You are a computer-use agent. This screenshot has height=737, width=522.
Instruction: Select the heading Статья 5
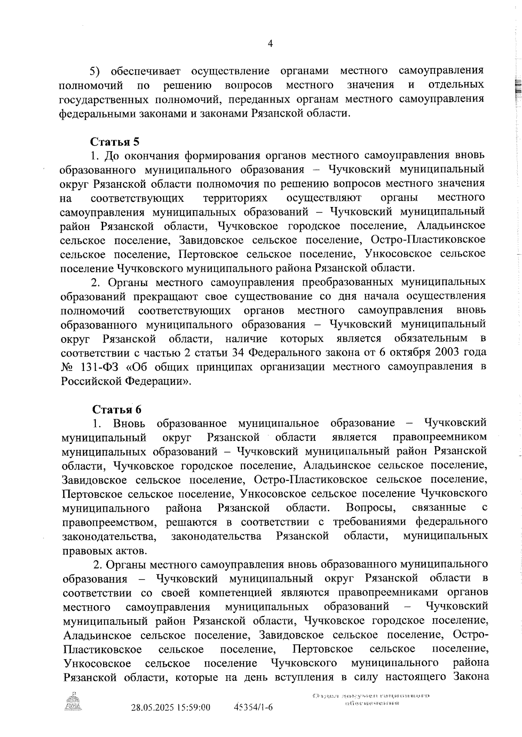tap(115, 142)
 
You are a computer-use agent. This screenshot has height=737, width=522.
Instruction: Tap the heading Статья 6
tap(117, 410)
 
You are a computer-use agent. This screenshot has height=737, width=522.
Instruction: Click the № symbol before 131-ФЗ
tap(68, 367)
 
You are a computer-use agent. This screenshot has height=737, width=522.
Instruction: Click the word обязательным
tap(431, 338)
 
